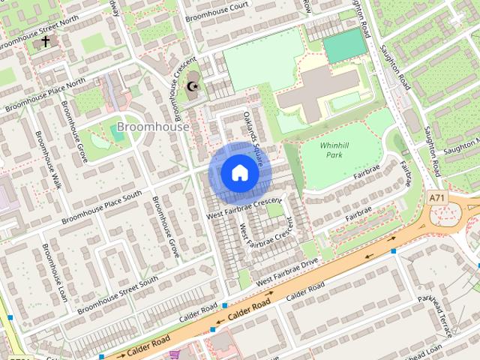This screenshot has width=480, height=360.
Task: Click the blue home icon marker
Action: coord(239,173)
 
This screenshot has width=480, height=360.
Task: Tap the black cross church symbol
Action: coord(45,41)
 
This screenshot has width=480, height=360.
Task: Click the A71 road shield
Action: coord(438,198)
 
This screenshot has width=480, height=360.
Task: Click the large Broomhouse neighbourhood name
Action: coord(153,127)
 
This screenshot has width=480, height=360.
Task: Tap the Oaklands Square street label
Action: coord(253,130)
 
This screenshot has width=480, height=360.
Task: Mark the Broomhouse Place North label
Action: coord(45,95)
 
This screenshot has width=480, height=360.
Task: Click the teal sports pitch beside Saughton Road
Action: coord(345,46)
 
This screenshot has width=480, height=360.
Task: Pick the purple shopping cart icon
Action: coord(175,354)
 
